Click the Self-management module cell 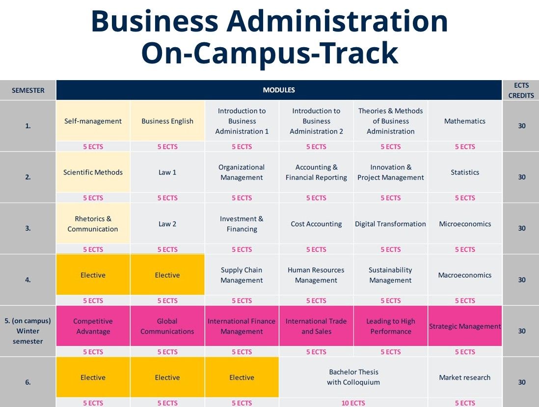point(93,121)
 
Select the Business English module point(167,121)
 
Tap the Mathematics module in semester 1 point(464,121)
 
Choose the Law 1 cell point(167,173)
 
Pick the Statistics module point(464,173)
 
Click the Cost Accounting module point(316,224)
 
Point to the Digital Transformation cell point(390,224)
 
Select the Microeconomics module point(464,224)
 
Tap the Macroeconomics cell point(464,275)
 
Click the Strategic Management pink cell point(464,326)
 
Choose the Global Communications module point(167,326)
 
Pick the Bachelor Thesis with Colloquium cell point(353,377)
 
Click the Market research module point(464,378)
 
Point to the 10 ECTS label point(353,403)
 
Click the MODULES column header point(279,90)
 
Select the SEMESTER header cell point(28,90)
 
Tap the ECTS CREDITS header point(521,90)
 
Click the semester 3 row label point(28,228)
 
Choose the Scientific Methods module point(93,173)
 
